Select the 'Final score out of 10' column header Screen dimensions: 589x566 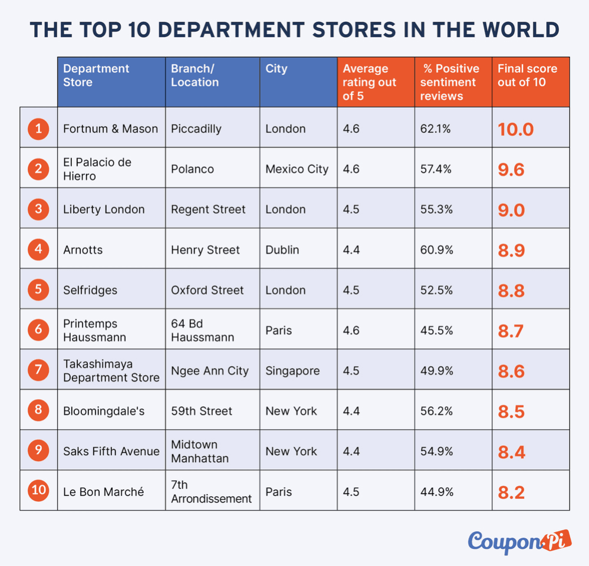(x=528, y=75)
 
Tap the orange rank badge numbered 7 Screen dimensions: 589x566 (x=38, y=370)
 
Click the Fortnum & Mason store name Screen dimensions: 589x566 (x=110, y=129)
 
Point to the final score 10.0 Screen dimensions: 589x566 (x=515, y=130)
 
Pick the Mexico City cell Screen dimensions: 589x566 (x=297, y=169)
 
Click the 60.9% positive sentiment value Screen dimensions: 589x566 (x=436, y=250)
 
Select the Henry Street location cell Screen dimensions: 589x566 (x=205, y=250)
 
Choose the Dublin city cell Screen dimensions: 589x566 (x=282, y=250)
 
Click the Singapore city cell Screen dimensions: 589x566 (x=292, y=371)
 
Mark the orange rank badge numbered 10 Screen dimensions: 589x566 (x=38, y=490)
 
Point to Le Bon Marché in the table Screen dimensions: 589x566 (x=103, y=492)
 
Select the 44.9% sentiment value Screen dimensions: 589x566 (x=436, y=492)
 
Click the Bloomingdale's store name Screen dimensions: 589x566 (x=104, y=412)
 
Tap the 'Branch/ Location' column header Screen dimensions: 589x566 (x=195, y=75)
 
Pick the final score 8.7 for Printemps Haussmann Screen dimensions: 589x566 (x=511, y=331)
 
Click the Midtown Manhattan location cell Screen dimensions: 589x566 (x=199, y=452)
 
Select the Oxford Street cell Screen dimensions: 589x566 (x=207, y=290)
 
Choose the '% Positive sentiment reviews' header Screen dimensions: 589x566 (x=450, y=83)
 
